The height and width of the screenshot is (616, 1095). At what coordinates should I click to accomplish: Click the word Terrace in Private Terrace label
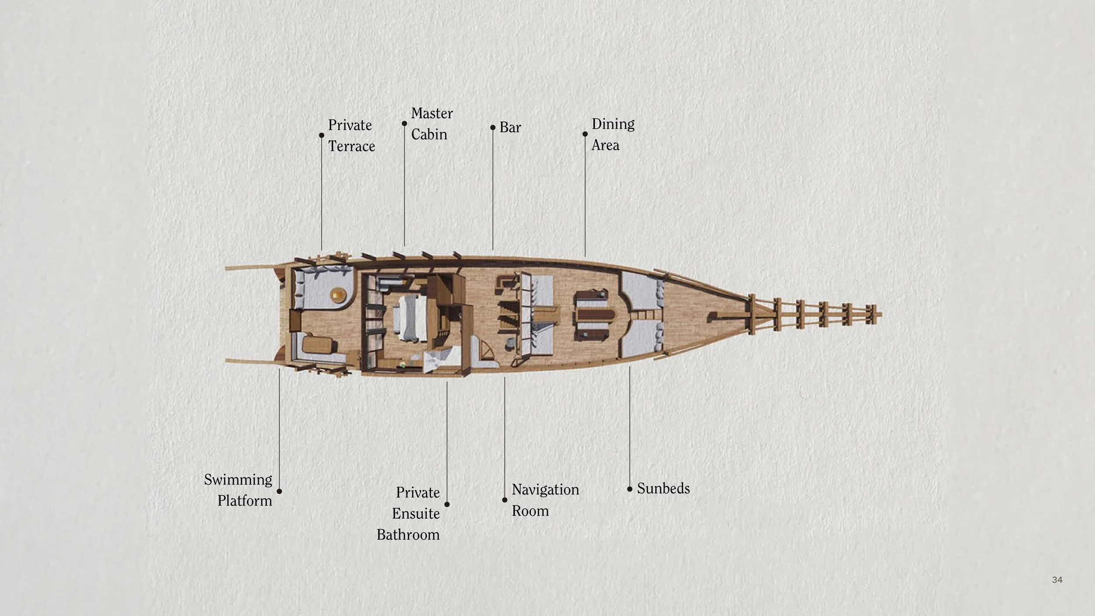pyautogui.click(x=351, y=146)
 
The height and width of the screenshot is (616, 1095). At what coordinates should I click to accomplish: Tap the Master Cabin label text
pyautogui.click(x=431, y=124)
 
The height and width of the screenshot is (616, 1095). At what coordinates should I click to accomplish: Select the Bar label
pyautogui.click(x=510, y=127)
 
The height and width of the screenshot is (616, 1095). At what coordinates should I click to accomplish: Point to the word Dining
pyautogui.click(x=613, y=124)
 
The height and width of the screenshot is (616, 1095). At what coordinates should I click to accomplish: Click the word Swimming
pyautogui.click(x=238, y=480)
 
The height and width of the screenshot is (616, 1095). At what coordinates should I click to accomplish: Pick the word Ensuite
pyautogui.click(x=416, y=513)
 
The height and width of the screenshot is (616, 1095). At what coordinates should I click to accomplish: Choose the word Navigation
pyautogui.click(x=545, y=489)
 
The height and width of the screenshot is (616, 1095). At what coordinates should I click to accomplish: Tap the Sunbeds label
pyautogui.click(x=663, y=489)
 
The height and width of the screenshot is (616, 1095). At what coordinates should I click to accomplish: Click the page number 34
pyautogui.click(x=1057, y=580)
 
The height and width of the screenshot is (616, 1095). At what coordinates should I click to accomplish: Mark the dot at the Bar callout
pyautogui.click(x=493, y=127)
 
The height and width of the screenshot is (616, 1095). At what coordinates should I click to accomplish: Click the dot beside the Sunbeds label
pyautogui.click(x=630, y=489)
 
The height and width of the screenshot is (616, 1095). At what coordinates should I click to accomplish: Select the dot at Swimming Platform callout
pyautogui.click(x=279, y=491)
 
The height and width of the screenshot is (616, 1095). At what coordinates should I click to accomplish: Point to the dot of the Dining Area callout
pyautogui.click(x=585, y=134)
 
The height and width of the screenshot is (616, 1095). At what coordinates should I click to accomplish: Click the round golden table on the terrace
pyautogui.click(x=338, y=295)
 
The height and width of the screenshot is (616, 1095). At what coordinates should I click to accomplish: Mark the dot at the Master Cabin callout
pyautogui.click(x=404, y=124)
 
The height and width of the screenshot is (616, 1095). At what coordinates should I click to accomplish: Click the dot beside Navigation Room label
pyautogui.click(x=505, y=500)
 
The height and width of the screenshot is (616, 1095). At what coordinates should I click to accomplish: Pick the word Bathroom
pyautogui.click(x=408, y=535)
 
